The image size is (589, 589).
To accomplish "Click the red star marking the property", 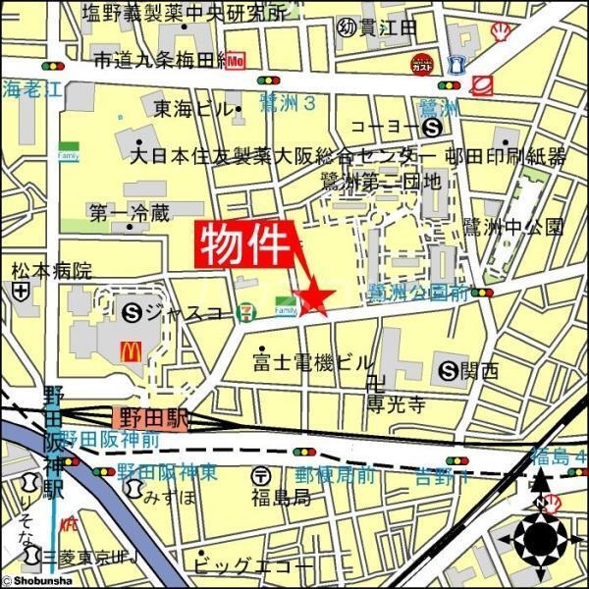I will click(x=316, y=295).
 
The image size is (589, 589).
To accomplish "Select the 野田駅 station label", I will click(x=150, y=418).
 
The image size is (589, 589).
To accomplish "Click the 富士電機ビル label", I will click(x=314, y=361).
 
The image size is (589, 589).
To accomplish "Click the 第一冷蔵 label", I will click(x=129, y=211).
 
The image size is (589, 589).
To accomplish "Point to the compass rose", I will click(x=540, y=539).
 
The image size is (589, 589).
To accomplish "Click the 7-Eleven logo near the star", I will click(x=255, y=312).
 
